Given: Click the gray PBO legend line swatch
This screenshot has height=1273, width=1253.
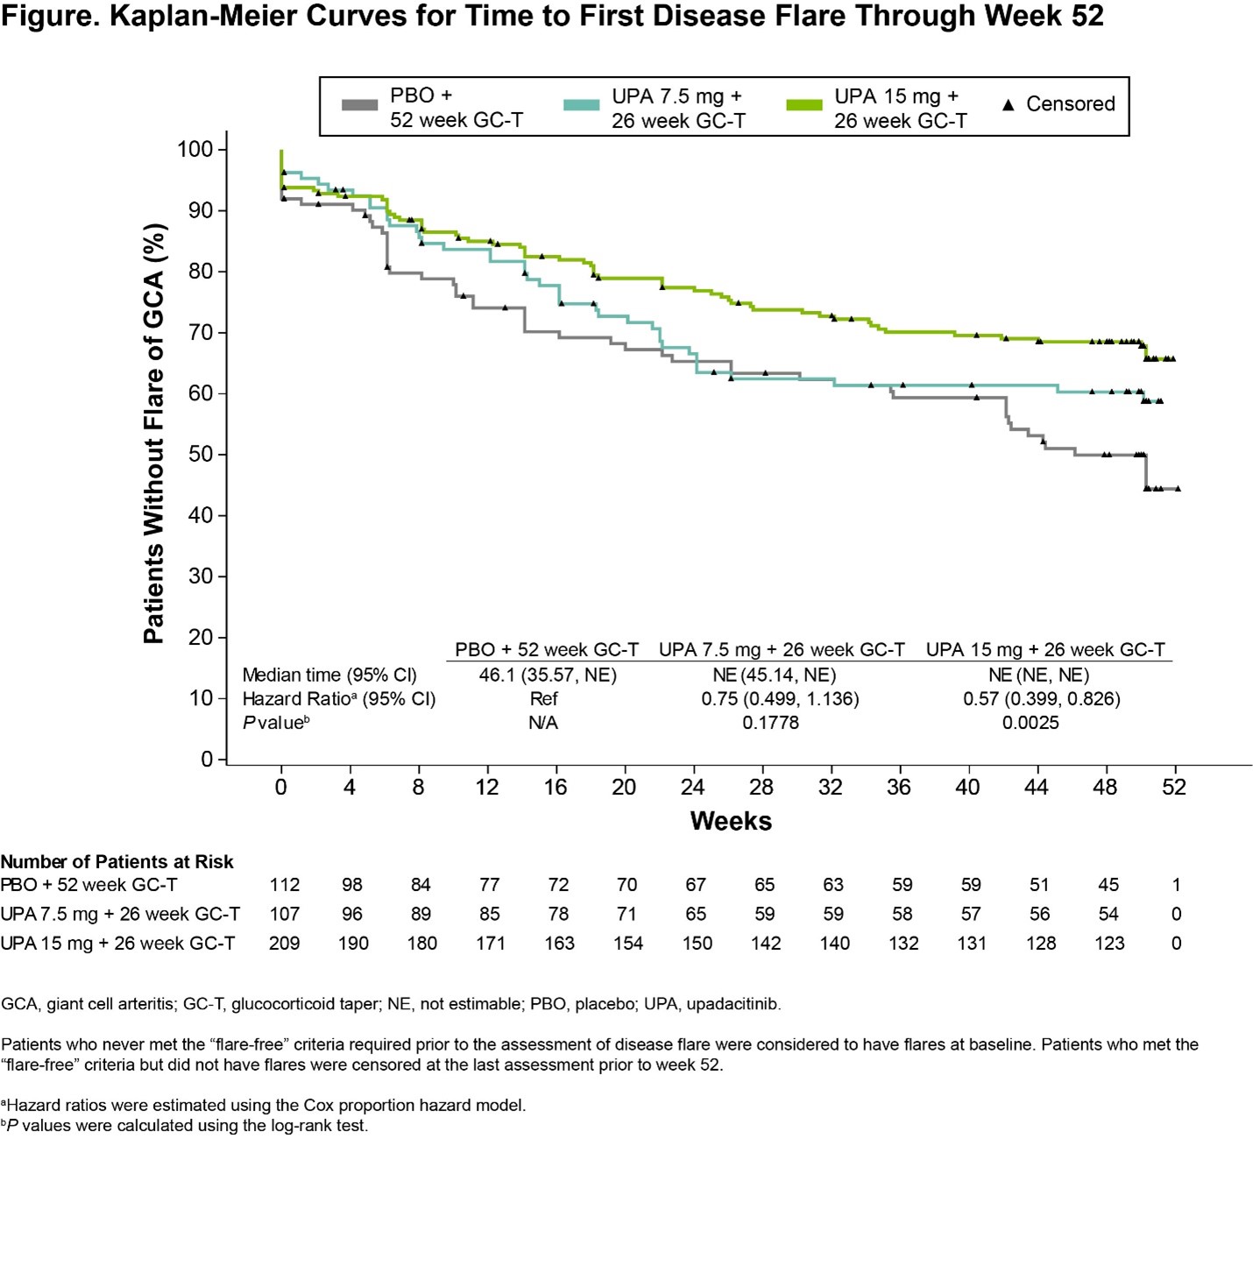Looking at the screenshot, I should [x=359, y=105].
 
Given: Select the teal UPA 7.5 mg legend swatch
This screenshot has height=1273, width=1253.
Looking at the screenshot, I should [x=581, y=105].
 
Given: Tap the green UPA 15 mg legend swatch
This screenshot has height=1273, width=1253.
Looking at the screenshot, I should [x=803, y=105].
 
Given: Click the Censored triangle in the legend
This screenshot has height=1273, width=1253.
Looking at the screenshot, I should [x=1008, y=105].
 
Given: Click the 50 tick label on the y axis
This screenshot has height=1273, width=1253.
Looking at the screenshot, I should [x=200, y=454].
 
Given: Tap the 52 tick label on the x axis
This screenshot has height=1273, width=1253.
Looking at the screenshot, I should [x=1174, y=787].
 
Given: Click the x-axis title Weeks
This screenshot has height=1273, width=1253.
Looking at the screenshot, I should [x=731, y=821].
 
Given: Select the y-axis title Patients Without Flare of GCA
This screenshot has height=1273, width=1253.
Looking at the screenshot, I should [x=154, y=433].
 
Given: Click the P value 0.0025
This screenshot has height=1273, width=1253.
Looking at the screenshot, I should [x=1030, y=723].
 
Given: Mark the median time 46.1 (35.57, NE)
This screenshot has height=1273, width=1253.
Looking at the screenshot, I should [x=548, y=675].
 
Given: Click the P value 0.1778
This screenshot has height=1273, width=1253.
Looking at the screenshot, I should [x=770, y=723].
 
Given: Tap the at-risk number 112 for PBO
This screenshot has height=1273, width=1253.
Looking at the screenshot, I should [x=285, y=885].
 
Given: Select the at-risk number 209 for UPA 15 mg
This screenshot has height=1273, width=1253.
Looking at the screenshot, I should [x=285, y=944].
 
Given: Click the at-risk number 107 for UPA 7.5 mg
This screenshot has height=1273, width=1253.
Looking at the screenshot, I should [x=285, y=914].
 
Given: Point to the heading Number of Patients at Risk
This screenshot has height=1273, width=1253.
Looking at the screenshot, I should [x=117, y=861].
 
